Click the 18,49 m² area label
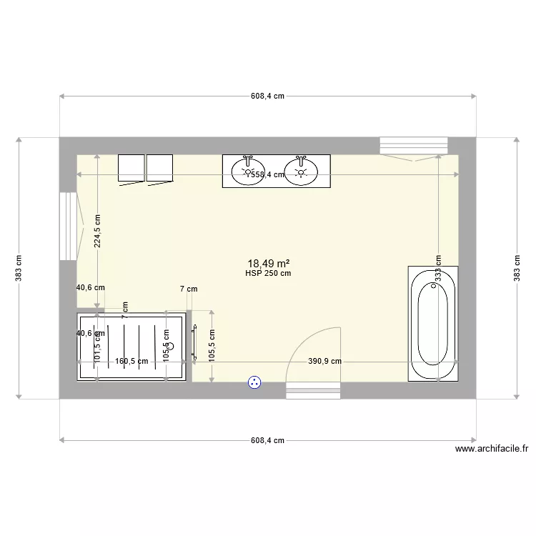[x=268, y=263]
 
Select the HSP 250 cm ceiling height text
[x=268, y=273]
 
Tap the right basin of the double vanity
[x=301, y=169]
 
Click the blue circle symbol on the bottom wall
[x=254, y=383]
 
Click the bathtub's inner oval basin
[x=432, y=324]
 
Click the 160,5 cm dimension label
[x=131, y=362]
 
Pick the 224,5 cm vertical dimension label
[x=98, y=232]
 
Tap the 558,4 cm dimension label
[x=268, y=174]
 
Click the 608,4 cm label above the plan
[x=267, y=96]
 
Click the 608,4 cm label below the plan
[x=267, y=441]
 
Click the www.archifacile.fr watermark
[x=491, y=450]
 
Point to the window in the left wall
[x=68, y=226]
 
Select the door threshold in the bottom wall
[x=313, y=389]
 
